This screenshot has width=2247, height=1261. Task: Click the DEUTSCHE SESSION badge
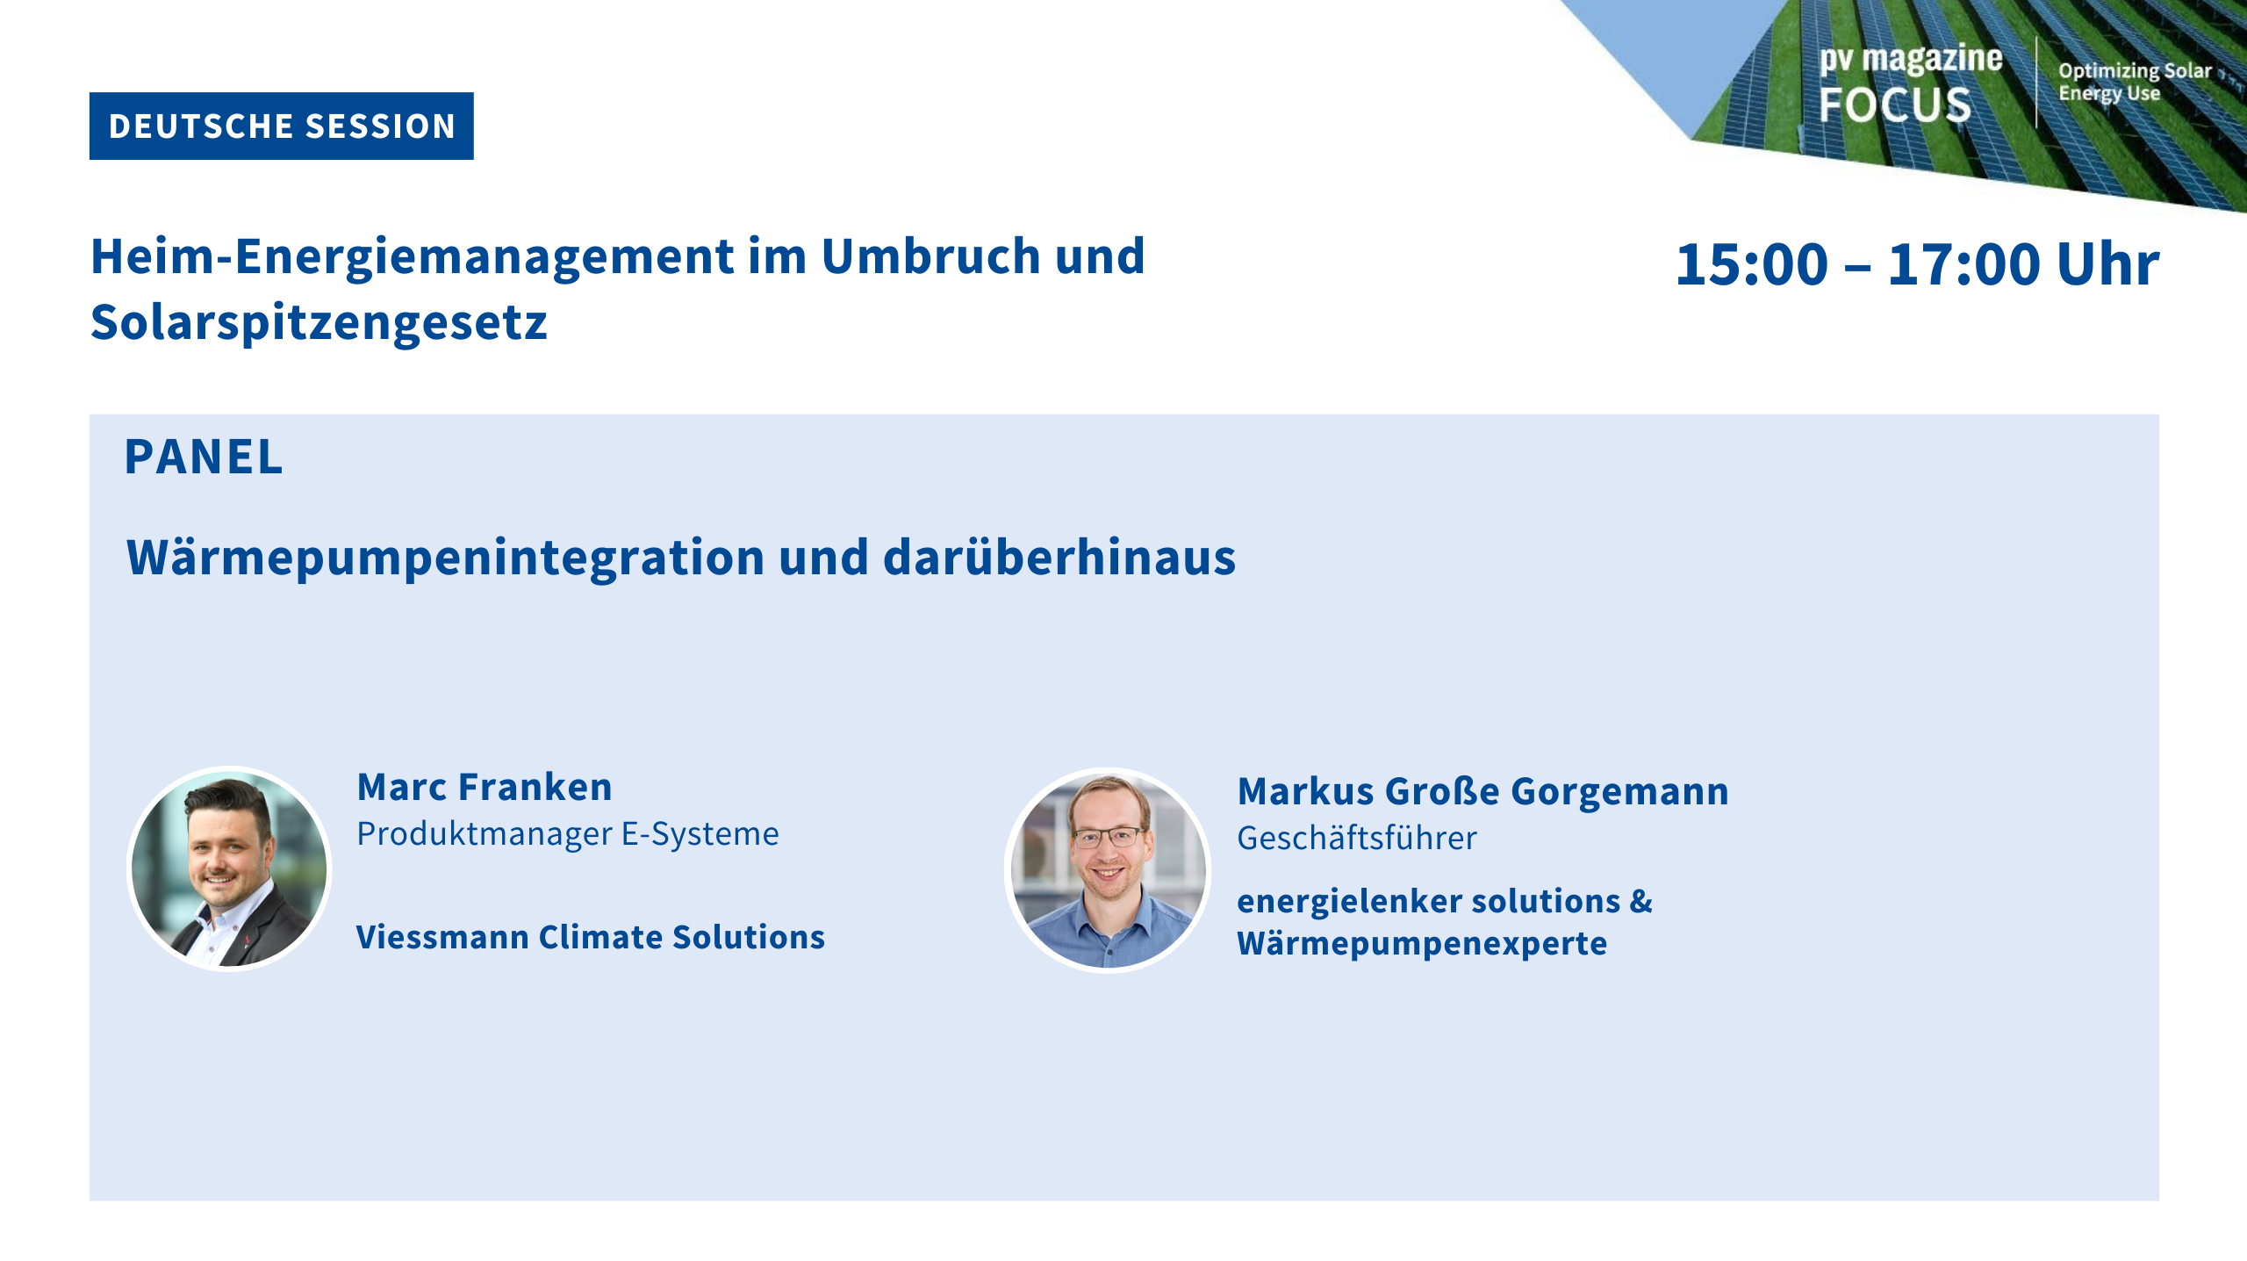(281, 126)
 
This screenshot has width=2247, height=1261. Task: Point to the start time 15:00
(1752, 264)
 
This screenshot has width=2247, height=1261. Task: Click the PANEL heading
(204, 457)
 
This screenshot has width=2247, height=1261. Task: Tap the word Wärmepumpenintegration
(446, 558)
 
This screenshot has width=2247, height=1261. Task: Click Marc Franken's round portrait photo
(229, 869)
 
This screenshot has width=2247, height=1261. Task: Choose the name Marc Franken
(485, 787)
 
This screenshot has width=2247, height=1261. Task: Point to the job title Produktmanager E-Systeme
(568, 834)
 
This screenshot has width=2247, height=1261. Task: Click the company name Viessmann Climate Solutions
(591, 937)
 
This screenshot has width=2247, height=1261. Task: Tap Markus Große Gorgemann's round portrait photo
(1108, 871)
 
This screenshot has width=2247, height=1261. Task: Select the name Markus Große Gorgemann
(1483, 792)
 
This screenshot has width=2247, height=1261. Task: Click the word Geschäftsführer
(1357, 838)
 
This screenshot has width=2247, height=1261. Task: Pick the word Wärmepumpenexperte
(1422, 944)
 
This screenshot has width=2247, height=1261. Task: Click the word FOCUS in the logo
(1895, 104)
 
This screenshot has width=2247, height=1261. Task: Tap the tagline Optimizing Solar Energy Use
(2135, 82)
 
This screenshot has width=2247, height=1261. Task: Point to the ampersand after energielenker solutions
(1641, 901)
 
